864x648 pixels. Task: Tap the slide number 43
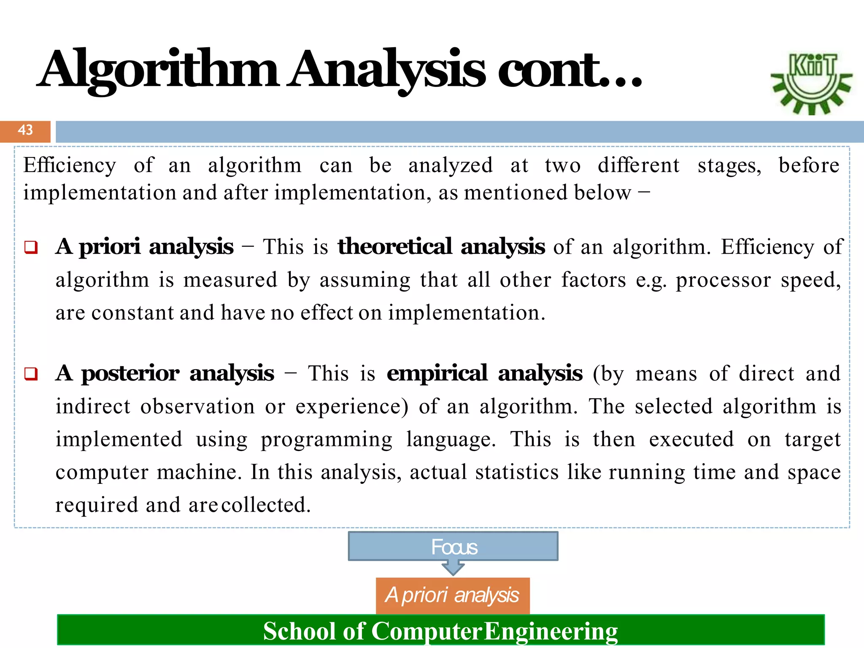point(25,130)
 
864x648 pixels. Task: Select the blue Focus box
point(453,546)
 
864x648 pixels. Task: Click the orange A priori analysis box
point(453,595)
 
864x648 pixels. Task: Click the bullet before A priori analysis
point(31,247)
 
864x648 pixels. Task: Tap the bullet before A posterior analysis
point(31,374)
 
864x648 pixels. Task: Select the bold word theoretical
point(395,246)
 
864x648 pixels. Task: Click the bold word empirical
point(437,373)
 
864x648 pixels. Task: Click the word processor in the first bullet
point(723,280)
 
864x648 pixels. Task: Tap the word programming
point(327,440)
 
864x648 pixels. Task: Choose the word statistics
point(517,472)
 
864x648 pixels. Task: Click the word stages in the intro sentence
point(729,165)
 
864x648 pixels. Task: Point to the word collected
point(266,505)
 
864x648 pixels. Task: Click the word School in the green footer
point(300,632)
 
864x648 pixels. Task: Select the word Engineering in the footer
point(551,632)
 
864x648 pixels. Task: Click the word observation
point(197,407)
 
